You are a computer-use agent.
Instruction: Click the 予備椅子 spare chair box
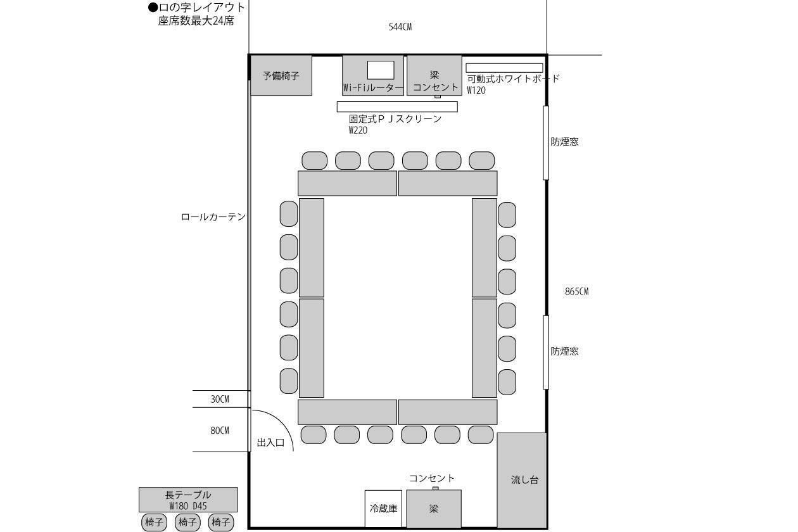281,75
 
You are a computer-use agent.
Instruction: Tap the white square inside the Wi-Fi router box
381,70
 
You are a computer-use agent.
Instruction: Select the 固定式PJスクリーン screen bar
397,106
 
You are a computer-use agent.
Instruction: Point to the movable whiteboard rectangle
504,68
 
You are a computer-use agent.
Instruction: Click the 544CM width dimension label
400,27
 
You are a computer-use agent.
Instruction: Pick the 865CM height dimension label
576,291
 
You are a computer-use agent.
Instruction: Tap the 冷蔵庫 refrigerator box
383,509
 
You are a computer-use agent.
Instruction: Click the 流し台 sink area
522,480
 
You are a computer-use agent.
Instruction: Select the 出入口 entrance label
271,443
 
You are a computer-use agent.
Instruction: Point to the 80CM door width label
219,431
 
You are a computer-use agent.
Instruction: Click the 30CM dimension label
219,399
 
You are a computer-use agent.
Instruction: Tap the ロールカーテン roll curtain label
213,217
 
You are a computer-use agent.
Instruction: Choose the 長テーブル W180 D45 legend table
188,500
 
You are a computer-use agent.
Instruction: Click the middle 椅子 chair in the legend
187,522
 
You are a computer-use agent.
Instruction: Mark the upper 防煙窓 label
564,141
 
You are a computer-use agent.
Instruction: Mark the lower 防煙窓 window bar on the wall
546,352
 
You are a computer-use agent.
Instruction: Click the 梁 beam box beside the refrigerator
434,509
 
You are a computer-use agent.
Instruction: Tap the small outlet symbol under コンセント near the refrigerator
435,488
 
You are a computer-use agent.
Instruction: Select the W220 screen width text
358,130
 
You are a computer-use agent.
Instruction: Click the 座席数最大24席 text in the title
196,21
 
